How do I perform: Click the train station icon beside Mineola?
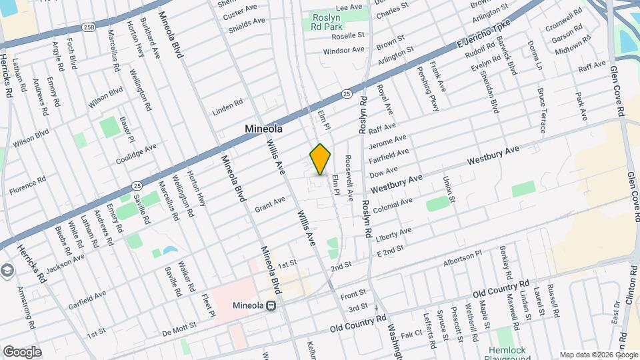[x=271, y=306]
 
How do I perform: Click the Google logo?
[x=22, y=351]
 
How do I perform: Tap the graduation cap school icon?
[x=7, y=270]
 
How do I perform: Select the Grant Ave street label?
[x=269, y=205]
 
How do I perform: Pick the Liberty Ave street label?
[x=394, y=235]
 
